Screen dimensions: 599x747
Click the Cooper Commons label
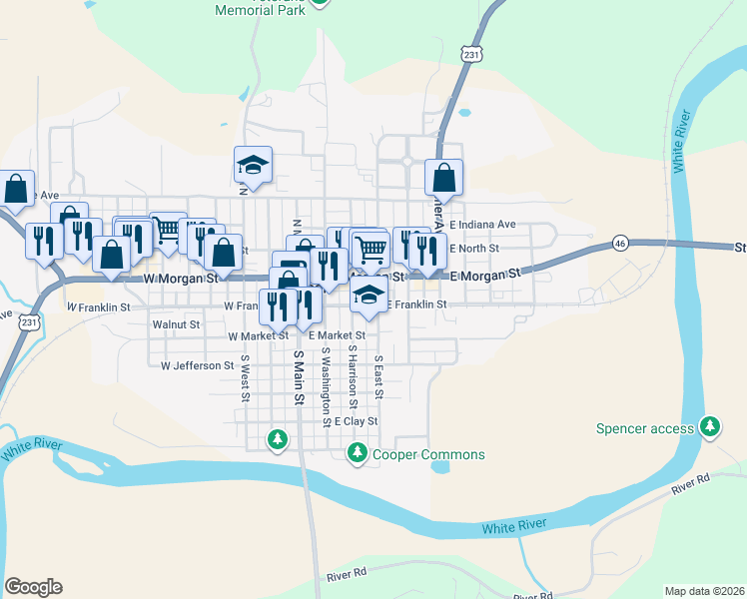[x=428, y=455]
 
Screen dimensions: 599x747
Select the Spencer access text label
[x=644, y=429]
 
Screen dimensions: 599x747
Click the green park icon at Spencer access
[x=710, y=427]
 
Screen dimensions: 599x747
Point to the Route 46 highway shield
[x=620, y=244]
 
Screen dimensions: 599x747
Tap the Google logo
[x=33, y=587]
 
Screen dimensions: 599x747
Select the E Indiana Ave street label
[x=482, y=225]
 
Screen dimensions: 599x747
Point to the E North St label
[x=473, y=249]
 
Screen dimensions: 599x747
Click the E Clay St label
[x=357, y=421]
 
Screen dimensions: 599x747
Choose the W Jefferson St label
[x=197, y=365]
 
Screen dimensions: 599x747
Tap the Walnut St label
[x=176, y=324]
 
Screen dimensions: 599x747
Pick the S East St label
[x=378, y=376]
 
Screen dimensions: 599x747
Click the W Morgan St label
[x=181, y=280]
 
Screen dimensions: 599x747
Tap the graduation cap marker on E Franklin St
[x=369, y=296]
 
